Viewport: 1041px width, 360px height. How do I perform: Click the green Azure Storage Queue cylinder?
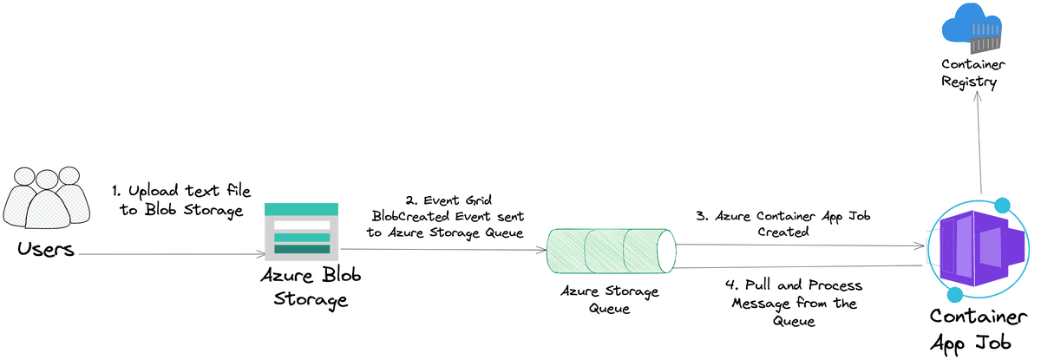pyautogui.click(x=611, y=250)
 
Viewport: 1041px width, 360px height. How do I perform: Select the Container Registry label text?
pyautogui.click(x=972, y=74)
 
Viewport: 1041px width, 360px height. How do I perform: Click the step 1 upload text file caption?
pyautogui.click(x=177, y=200)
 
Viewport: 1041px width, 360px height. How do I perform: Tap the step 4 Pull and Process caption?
pyautogui.click(x=795, y=303)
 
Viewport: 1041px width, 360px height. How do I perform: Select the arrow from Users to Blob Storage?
pyautogui.click(x=169, y=254)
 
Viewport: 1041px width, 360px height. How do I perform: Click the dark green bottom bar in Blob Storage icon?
pyautogui.click(x=301, y=250)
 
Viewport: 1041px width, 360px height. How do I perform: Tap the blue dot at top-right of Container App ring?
pyautogui.click(x=1004, y=206)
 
